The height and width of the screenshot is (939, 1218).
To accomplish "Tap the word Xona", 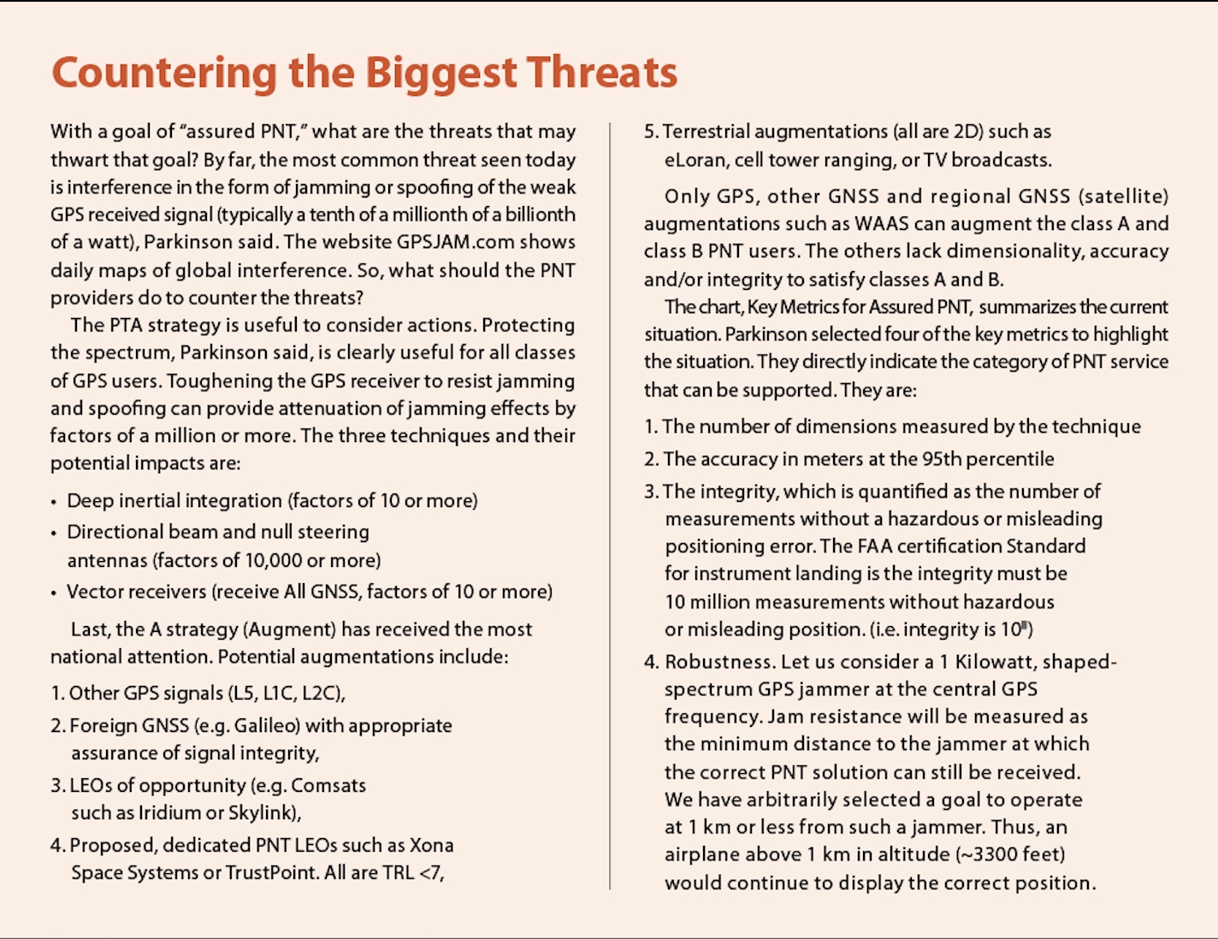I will pyautogui.click(x=431, y=846).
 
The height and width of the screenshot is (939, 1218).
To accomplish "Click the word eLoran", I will pyautogui.click(x=694, y=160).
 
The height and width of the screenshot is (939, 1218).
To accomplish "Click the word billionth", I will pyautogui.click(x=536, y=215).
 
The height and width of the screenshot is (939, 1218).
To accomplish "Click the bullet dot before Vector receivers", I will pyautogui.click(x=54, y=593).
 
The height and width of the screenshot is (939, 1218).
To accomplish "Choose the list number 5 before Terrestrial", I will pyautogui.click(x=649, y=132).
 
